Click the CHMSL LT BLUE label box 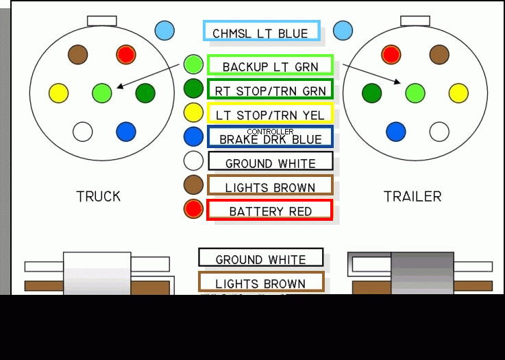261,32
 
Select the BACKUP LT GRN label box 270,66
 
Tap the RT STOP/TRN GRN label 270,90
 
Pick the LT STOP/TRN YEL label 270,114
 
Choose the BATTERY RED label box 269,211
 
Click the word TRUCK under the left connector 99,197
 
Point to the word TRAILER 412,197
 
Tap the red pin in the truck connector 126,54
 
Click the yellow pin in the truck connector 59,93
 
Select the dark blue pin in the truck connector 126,131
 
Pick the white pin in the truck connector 83,131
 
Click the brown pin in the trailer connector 439,54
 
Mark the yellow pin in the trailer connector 458,93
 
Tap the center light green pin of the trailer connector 415,93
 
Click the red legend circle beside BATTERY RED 194,209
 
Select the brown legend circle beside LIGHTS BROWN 194,184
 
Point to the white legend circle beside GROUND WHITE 194,160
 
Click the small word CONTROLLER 270,131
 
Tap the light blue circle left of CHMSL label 164,31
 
